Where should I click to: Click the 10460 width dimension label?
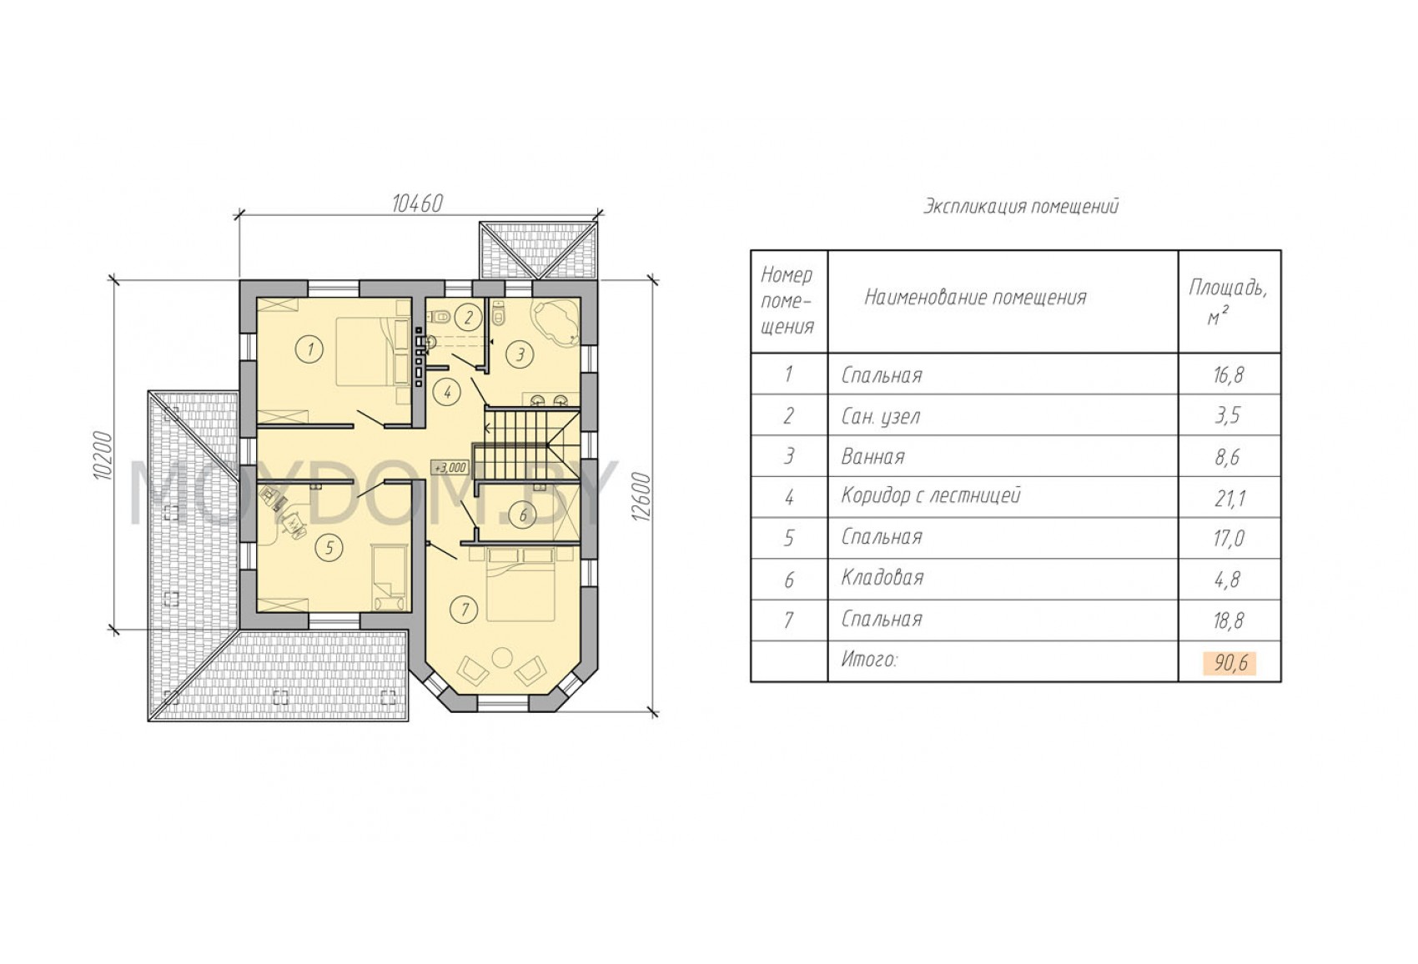coord(417,203)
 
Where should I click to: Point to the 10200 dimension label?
coord(102,456)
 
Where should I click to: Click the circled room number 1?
coord(310,349)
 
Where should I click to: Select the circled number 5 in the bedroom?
coord(329,548)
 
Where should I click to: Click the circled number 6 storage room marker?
coord(523,515)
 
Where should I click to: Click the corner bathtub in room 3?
coord(556,323)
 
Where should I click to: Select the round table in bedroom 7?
coord(503,656)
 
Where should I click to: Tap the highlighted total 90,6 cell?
coord(1229,663)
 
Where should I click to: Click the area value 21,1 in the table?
coord(1229,499)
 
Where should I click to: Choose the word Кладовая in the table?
coord(882,577)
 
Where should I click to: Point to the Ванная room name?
coord(873,456)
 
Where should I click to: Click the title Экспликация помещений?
coord(1020,206)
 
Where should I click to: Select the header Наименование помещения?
coord(976,296)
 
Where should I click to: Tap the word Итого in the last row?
coord(869,660)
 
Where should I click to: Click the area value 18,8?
coord(1229,621)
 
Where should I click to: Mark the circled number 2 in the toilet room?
coord(469,317)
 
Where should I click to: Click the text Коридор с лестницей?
coord(931,495)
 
